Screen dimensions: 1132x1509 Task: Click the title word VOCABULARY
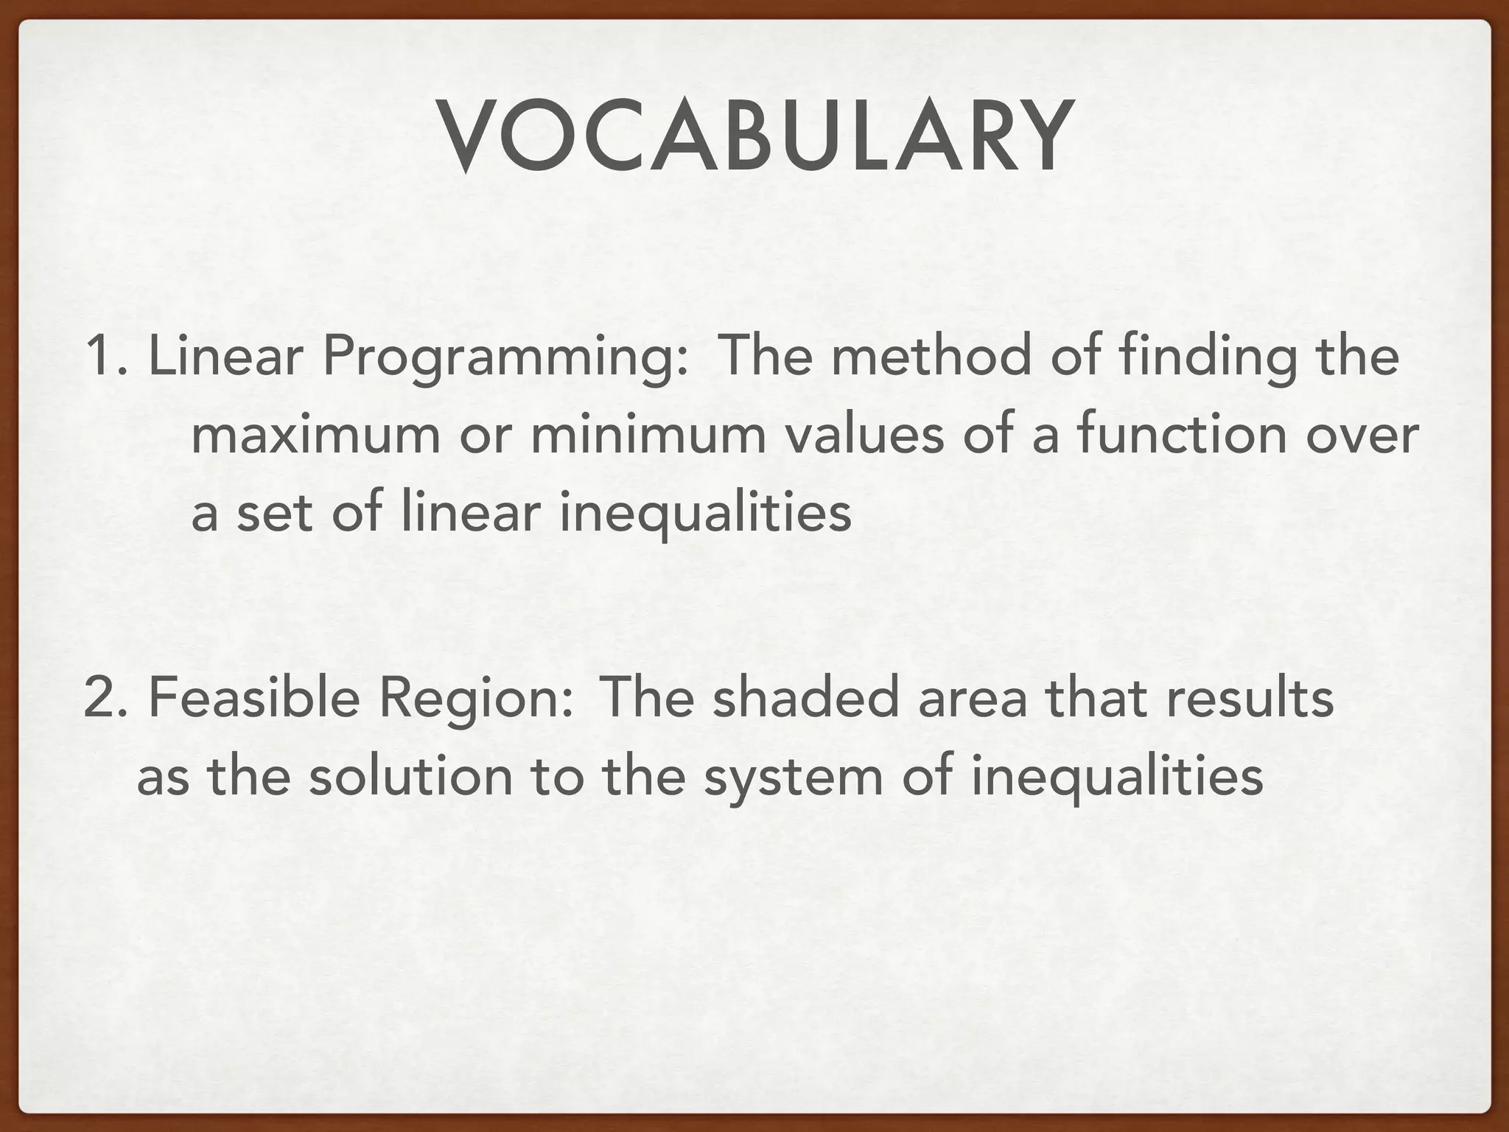point(754,138)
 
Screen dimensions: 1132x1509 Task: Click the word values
point(864,435)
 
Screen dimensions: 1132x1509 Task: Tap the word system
point(793,780)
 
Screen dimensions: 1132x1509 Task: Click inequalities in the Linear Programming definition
point(705,513)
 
